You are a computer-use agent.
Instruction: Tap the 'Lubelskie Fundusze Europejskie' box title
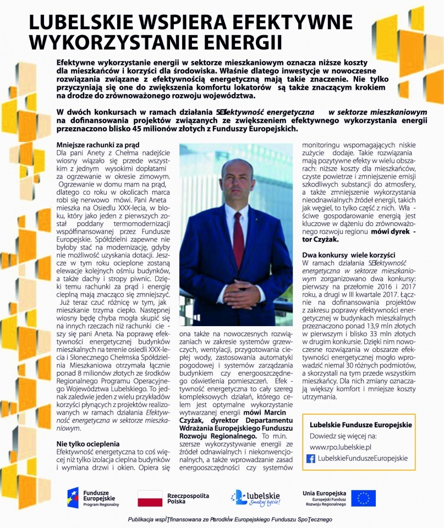tap(361, 425)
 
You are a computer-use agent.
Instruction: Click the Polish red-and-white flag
tap(149, 498)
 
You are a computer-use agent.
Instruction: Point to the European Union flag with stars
tap(363, 498)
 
